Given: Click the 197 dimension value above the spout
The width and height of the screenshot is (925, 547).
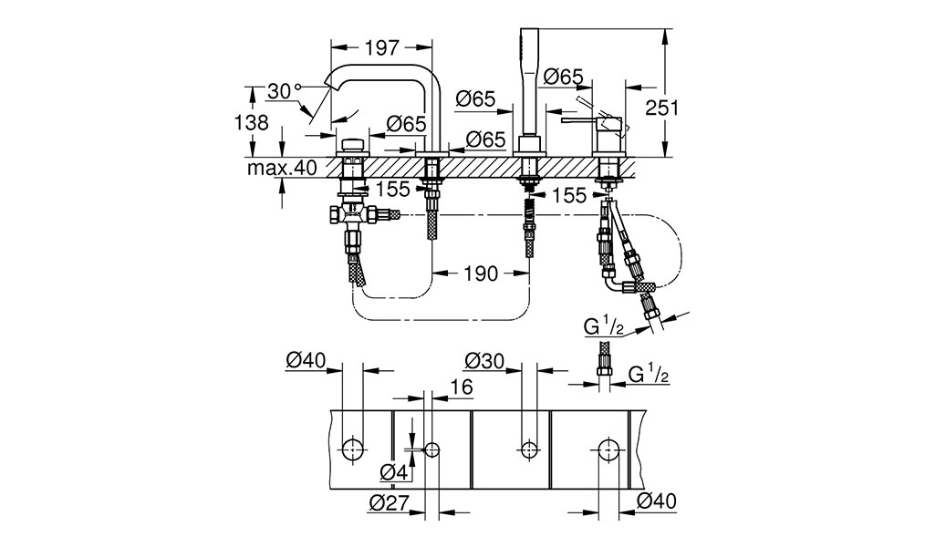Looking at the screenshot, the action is pyautogui.click(x=382, y=47).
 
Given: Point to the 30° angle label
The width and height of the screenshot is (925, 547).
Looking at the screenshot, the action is pyautogui.click(x=284, y=91).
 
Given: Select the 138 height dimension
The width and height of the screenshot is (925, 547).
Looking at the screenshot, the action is pyautogui.click(x=252, y=122).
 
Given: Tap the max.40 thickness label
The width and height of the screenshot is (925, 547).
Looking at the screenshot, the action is pyautogui.click(x=282, y=168).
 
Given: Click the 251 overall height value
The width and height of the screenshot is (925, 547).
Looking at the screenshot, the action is pyautogui.click(x=662, y=108).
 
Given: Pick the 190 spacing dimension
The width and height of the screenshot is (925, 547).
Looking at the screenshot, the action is pyautogui.click(x=481, y=273).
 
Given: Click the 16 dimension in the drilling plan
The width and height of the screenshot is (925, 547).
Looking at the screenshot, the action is pyautogui.click(x=462, y=387).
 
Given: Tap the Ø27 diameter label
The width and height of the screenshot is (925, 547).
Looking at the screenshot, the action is pyautogui.click(x=389, y=502).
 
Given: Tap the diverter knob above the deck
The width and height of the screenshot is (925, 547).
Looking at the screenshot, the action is pyautogui.click(x=353, y=145).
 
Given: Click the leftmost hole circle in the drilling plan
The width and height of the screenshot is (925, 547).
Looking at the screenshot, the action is pyautogui.click(x=353, y=449).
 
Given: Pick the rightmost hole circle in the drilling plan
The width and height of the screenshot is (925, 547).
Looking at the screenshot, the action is pyautogui.click(x=608, y=449).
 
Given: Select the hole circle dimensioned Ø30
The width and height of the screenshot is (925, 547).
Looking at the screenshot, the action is pyautogui.click(x=529, y=449).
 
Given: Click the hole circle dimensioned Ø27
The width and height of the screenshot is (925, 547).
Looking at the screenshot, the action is pyautogui.click(x=432, y=449).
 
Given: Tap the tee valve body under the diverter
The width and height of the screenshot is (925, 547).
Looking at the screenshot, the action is pyautogui.click(x=354, y=215).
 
